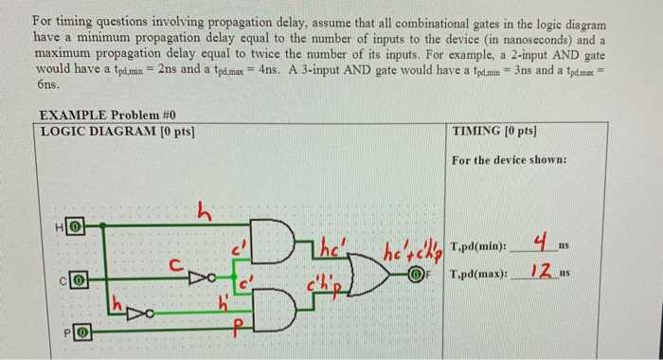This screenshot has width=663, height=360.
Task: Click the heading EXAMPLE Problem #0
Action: (103, 115)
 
